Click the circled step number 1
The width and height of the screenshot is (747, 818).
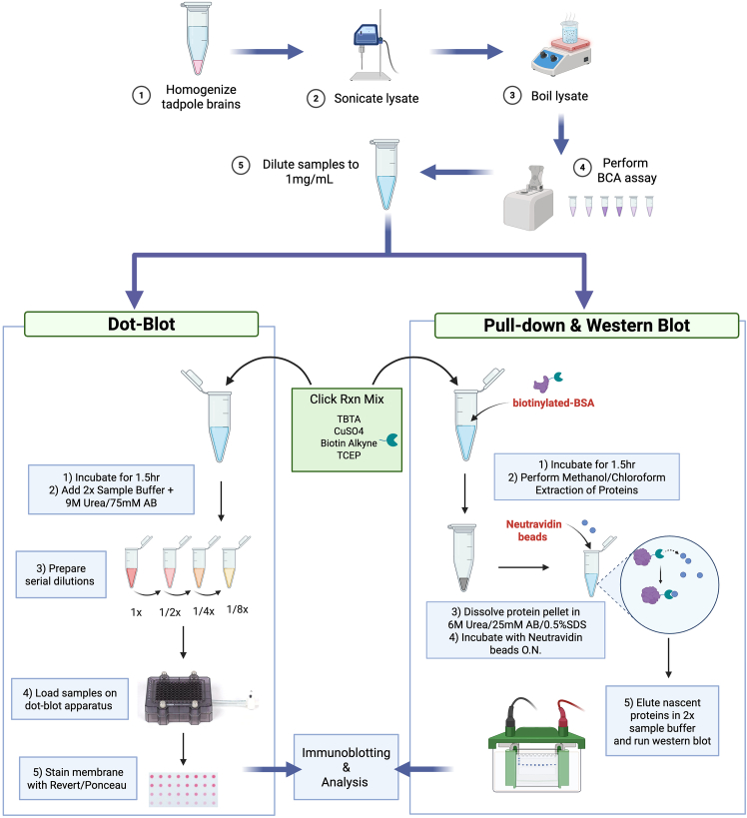click(143, 94)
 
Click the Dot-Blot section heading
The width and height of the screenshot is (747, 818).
click(141, 323)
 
